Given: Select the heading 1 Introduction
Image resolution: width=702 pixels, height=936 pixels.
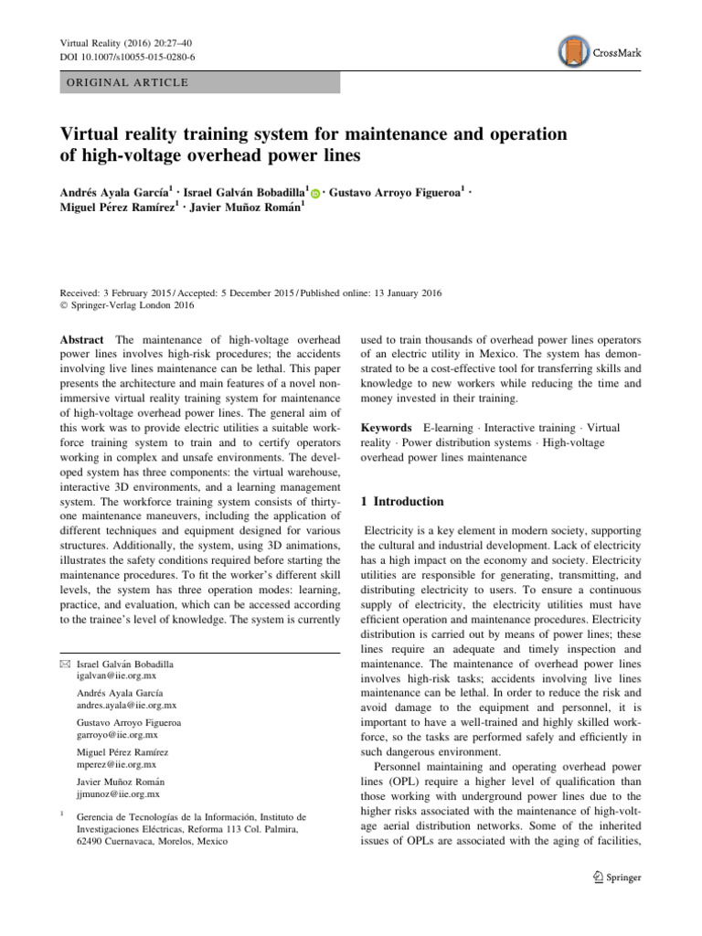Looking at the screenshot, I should [403, 502].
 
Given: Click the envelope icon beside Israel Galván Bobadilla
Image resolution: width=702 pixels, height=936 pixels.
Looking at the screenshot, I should [65, 664].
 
